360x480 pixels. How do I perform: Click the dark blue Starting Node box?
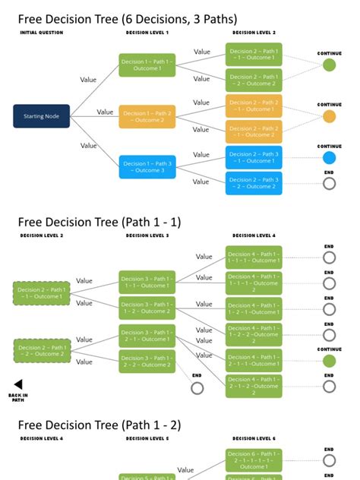(x=41, y=116)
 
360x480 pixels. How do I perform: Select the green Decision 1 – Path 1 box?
(x=147, y=65)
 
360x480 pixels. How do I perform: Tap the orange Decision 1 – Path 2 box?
(x=147, y=116)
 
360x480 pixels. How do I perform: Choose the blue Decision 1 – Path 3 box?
(x=147, y=166)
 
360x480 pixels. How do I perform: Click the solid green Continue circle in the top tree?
(x=329, y=65)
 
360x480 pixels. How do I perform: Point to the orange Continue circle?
(x=329, y=116)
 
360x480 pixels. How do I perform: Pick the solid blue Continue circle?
(x=329, y=158)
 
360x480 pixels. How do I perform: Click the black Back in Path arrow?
(x=18, y=384)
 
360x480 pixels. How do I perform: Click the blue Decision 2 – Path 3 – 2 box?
(x=253, y=183)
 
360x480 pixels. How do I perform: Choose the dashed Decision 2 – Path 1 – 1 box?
(x=41, y=292)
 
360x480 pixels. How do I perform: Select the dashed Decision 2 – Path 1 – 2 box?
(x=41, y=350)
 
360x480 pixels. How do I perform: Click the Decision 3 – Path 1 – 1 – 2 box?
(x=147, y=308)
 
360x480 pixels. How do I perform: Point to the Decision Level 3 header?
(x=147, y=236)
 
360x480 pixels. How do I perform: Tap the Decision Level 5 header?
(x=147, y=438)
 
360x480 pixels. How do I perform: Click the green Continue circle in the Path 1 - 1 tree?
(x=329, y=361)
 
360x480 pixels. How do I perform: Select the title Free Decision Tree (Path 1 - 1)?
(x=99, y=222)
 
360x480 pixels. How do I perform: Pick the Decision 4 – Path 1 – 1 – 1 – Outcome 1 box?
(x=253, y=257)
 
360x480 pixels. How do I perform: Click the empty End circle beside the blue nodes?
(x=329, y=183)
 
